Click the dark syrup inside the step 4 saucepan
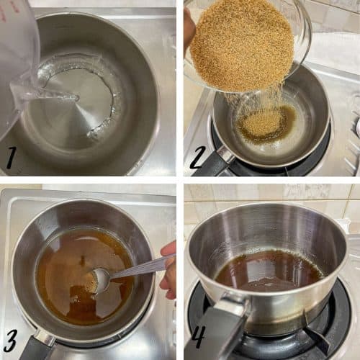[x=266, y=272]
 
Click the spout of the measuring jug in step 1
[x=36, y=94]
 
